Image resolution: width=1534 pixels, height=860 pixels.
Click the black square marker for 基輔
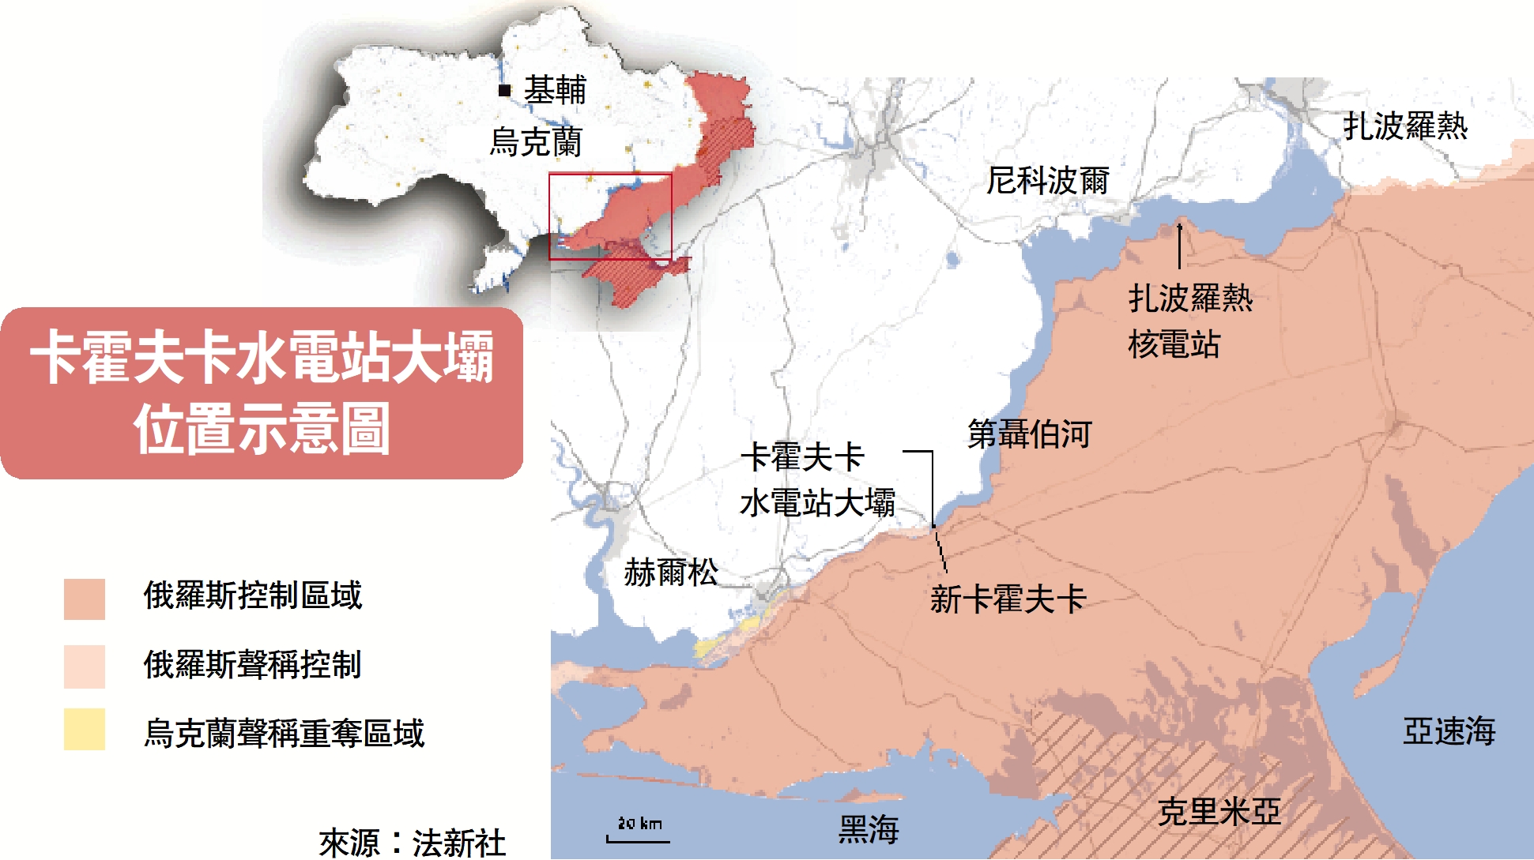(504, 90)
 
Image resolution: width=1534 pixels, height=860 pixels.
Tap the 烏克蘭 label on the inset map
(536, 142)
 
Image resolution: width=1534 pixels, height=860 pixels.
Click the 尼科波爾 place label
(1047, 181)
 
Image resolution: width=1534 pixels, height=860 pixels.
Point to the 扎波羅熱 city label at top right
(1405, 126)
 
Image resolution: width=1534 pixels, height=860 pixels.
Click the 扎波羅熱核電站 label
(1189, 321)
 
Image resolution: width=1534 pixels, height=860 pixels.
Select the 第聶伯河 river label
(1029, 434)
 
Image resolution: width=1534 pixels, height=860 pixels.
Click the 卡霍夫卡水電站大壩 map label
(817, 480)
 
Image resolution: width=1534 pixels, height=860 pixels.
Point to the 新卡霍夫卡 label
(1008, 599)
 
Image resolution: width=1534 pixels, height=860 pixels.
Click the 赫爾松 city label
(671, 572)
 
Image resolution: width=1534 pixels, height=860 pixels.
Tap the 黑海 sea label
(869, 829)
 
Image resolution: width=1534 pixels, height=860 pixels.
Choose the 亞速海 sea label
(1449, 731)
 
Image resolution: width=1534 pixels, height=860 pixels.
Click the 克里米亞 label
(1219, 812)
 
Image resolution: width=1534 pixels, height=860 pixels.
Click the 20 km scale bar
(639, 839)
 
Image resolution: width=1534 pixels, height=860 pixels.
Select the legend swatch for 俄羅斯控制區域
(85, 599)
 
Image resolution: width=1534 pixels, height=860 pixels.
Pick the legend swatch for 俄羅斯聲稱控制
(85, 667)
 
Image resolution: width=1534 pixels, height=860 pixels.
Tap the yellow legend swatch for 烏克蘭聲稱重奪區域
(85, 729)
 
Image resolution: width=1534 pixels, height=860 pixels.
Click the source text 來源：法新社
(412, 843)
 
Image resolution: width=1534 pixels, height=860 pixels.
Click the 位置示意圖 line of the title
(262, 429)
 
